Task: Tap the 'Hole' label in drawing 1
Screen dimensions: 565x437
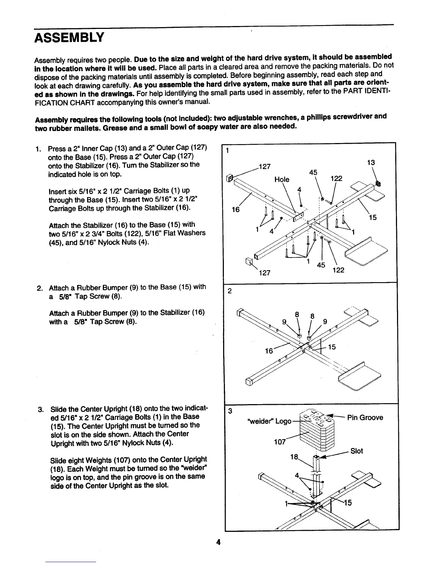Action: [x=282, y=179]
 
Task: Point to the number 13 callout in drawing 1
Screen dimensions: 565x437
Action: [x=371, y=163]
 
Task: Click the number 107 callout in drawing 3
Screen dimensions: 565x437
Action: [x=280, y=442]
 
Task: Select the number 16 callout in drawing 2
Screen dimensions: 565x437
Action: [x=269, y=351]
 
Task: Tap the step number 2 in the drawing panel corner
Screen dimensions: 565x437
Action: [x=230, y=291]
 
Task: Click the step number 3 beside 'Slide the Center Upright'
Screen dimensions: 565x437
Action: [x=40, y=409]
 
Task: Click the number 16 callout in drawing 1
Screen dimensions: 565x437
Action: [x=236, y=210]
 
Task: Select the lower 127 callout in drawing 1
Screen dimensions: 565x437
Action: [x=264, y=273]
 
